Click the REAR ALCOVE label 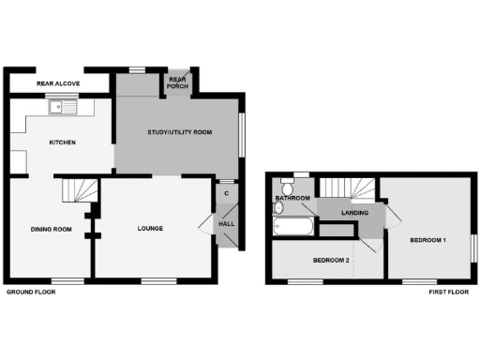[58, 84]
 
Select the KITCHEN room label [63, 142]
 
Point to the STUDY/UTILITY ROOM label [180, 133]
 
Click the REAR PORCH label [178, 83]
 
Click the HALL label [227, 224]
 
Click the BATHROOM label [292, 199]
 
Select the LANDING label [354, 214]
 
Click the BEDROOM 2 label [331, 259]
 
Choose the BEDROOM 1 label [428, 241]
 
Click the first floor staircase [352, 188]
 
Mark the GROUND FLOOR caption [31, 292]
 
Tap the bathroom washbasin [278, 208]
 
